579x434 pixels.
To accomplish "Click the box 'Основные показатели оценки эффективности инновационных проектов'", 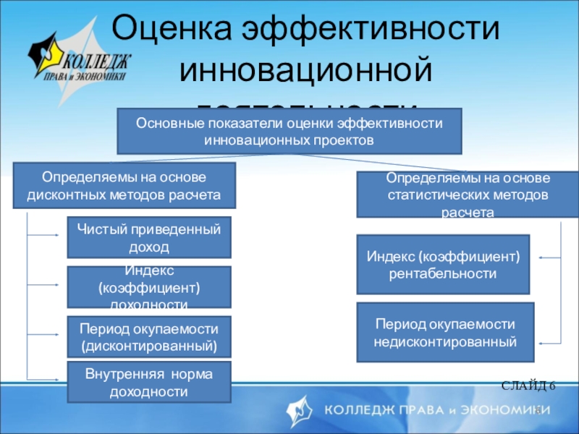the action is point(289,131).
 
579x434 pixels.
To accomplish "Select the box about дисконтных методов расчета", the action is point(125,186).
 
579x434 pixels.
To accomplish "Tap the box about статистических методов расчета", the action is point(468,195).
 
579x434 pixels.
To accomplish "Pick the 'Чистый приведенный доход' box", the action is point(149,237).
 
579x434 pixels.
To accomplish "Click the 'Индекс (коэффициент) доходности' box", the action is point(149,287).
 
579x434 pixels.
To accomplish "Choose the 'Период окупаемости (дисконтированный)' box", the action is point(149,336).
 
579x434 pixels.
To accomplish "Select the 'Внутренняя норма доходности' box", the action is point(149,383).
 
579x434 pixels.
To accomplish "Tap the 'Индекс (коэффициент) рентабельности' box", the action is point(444,264).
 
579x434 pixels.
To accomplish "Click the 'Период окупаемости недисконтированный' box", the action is point(446,332).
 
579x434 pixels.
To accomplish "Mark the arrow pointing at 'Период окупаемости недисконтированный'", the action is point(550,341).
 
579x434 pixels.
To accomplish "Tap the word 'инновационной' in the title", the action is point(305,71).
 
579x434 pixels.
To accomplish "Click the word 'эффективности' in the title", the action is point(371,30).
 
